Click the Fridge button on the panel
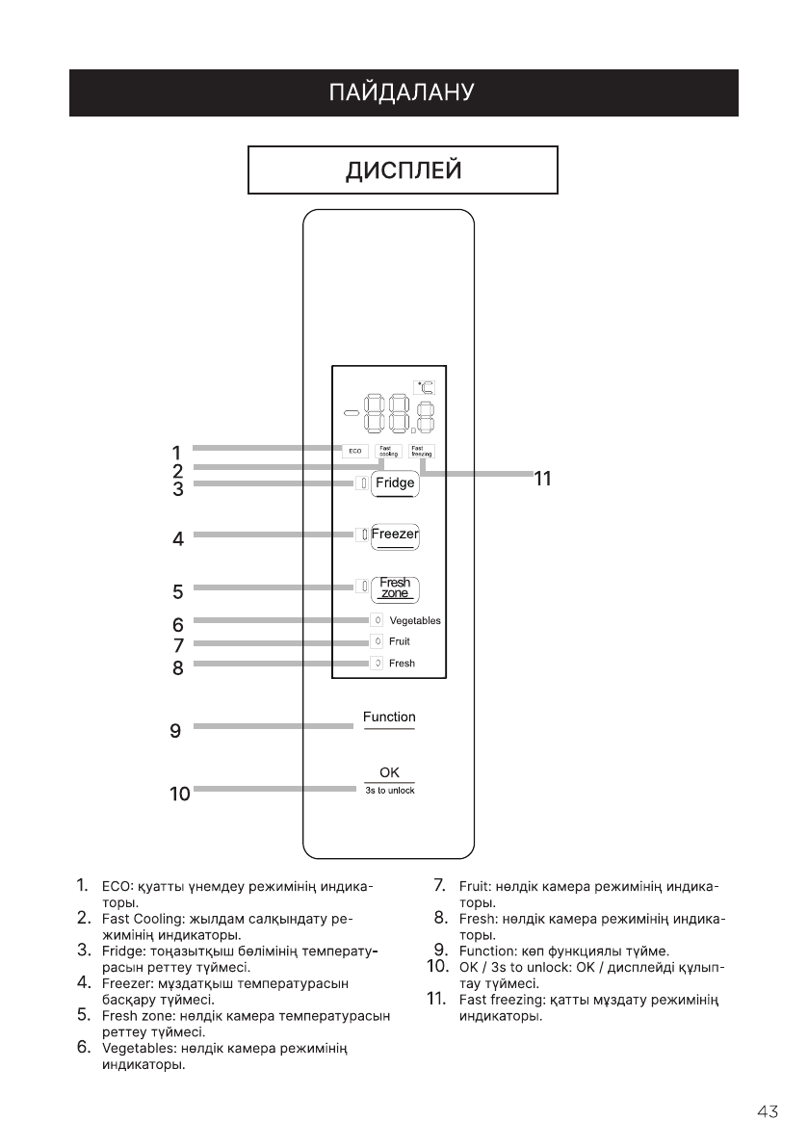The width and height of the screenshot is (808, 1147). point(395,483)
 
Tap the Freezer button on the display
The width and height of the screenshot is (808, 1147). point(395,534)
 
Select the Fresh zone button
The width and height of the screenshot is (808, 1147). point(395,587)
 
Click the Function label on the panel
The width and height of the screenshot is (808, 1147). point(389,717)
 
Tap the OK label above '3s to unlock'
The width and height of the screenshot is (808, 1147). point(389,772)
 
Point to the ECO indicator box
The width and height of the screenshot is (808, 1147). point(355,451)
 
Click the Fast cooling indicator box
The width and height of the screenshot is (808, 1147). point(389,451)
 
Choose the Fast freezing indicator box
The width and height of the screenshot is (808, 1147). point(422,451)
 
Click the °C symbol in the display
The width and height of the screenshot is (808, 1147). point(425,388)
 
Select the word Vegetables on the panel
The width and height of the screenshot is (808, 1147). point(415,621)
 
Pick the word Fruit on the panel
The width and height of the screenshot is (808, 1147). point(400,641)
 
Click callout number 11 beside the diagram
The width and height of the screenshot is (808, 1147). point(543,478)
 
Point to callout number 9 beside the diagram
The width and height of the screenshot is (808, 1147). point(175,732)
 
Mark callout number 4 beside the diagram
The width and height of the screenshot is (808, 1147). point(178,540)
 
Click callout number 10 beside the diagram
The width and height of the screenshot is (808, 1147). point(179,795)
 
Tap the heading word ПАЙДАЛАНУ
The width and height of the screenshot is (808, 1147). point(403,93)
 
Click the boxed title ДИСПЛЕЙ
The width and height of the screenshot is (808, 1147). point(404,170)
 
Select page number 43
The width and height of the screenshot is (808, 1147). point(768,1112)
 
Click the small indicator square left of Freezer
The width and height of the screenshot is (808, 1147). point(364,534)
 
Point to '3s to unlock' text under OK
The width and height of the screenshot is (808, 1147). point(389,791)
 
